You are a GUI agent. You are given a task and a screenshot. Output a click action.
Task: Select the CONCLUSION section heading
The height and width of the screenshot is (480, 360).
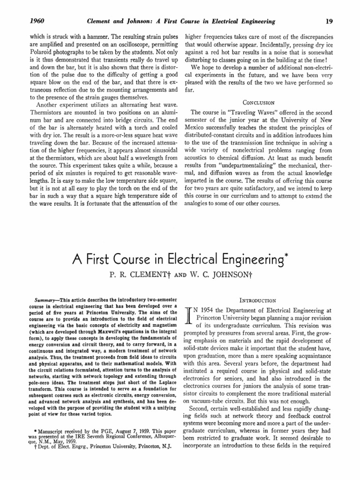pos(258,102)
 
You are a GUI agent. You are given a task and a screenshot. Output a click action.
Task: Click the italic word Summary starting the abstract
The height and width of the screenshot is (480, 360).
pos(45,298)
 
